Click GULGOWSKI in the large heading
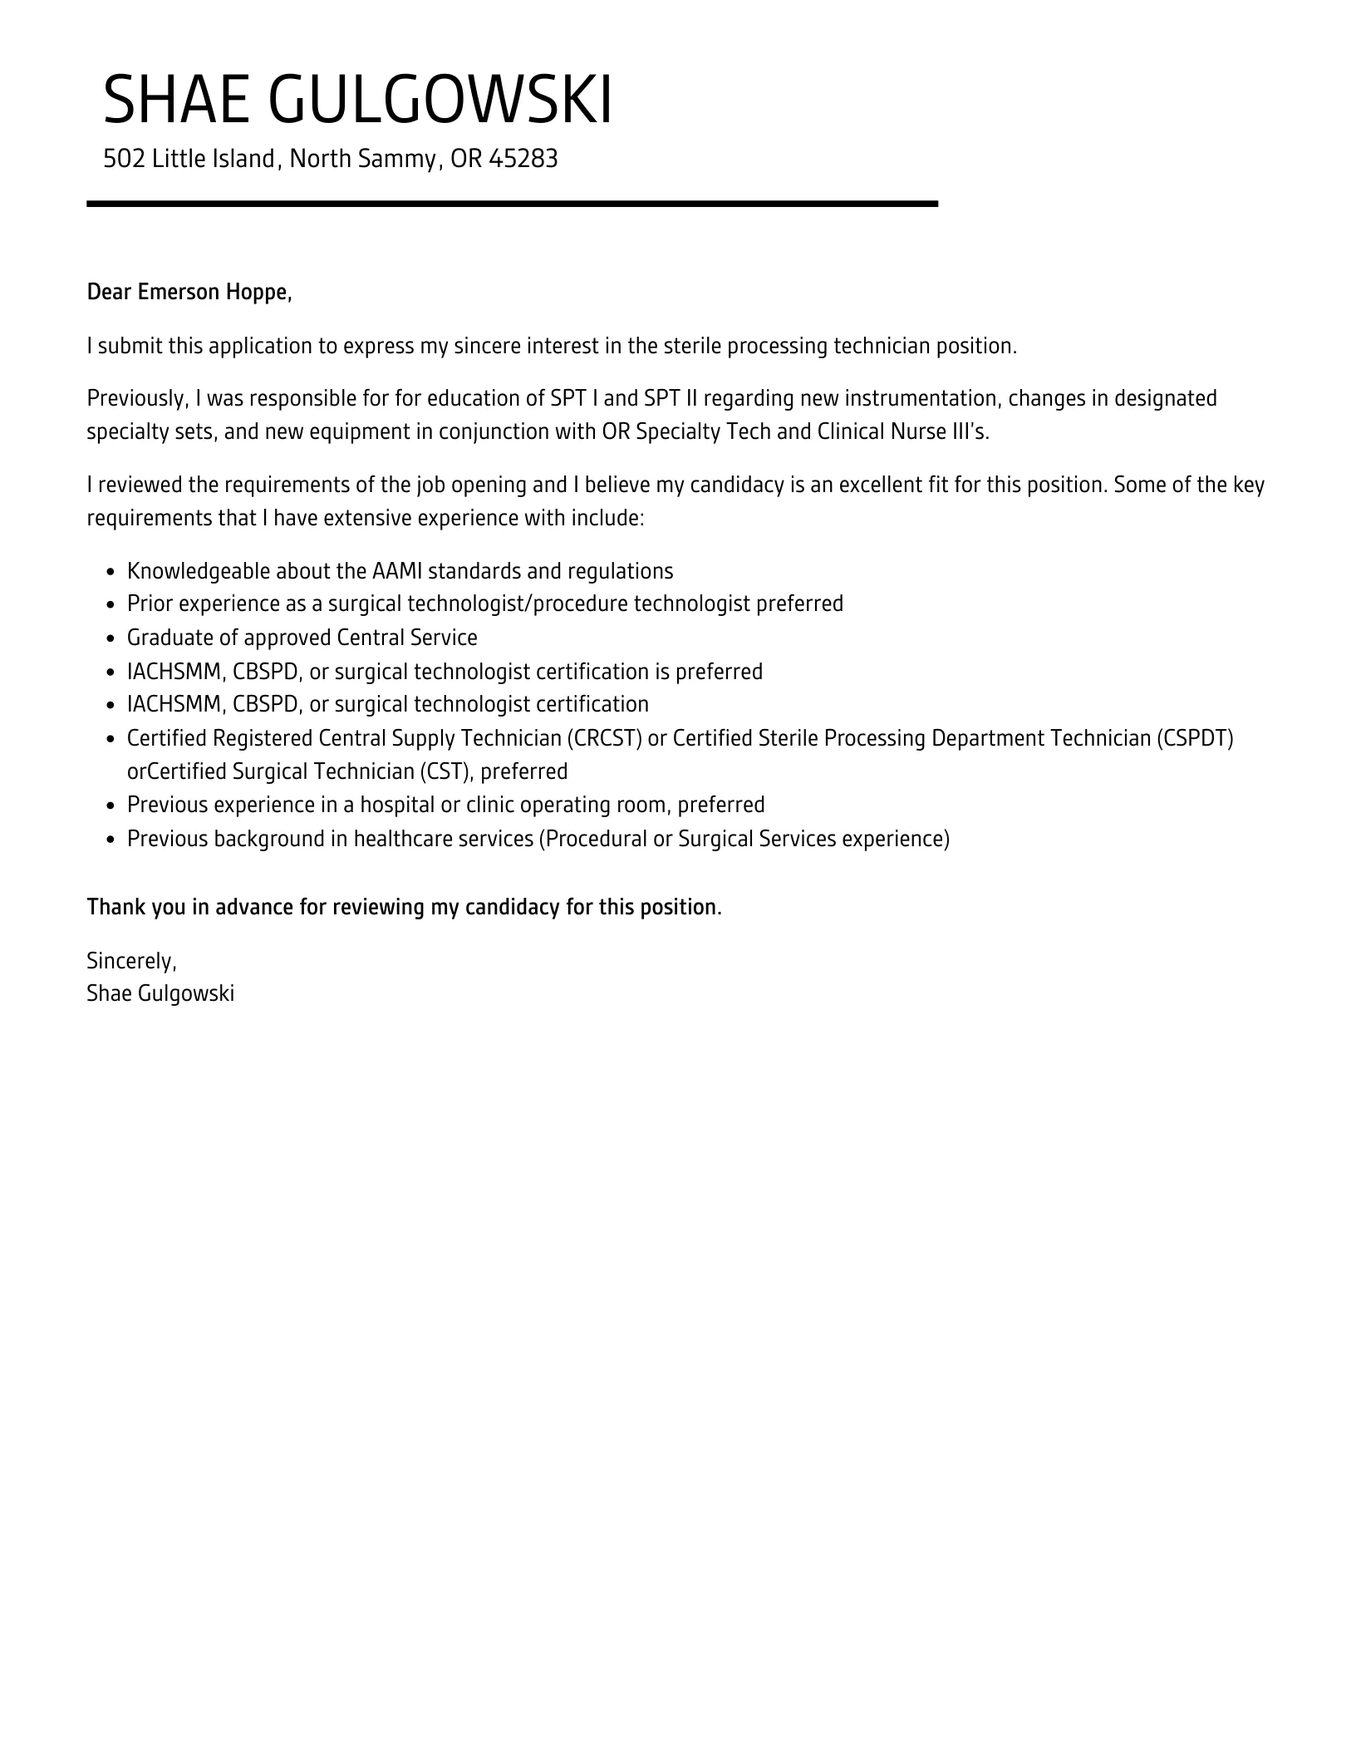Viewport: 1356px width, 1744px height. (x=440, y=101)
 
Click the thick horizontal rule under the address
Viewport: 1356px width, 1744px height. (x=512, y=204)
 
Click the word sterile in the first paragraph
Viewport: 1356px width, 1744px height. (x=692, y=346)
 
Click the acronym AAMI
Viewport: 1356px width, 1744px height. (x=397, y=571)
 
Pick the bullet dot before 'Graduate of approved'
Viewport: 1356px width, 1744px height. (x=111, y=638)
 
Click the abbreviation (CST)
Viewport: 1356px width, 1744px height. (x=449, y=771)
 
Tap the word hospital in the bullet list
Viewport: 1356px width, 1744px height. (x=397, y=805)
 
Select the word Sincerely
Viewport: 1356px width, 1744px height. (x=131, y=961)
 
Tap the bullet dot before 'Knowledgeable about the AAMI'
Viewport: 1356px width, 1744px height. (x=111, y=572)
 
